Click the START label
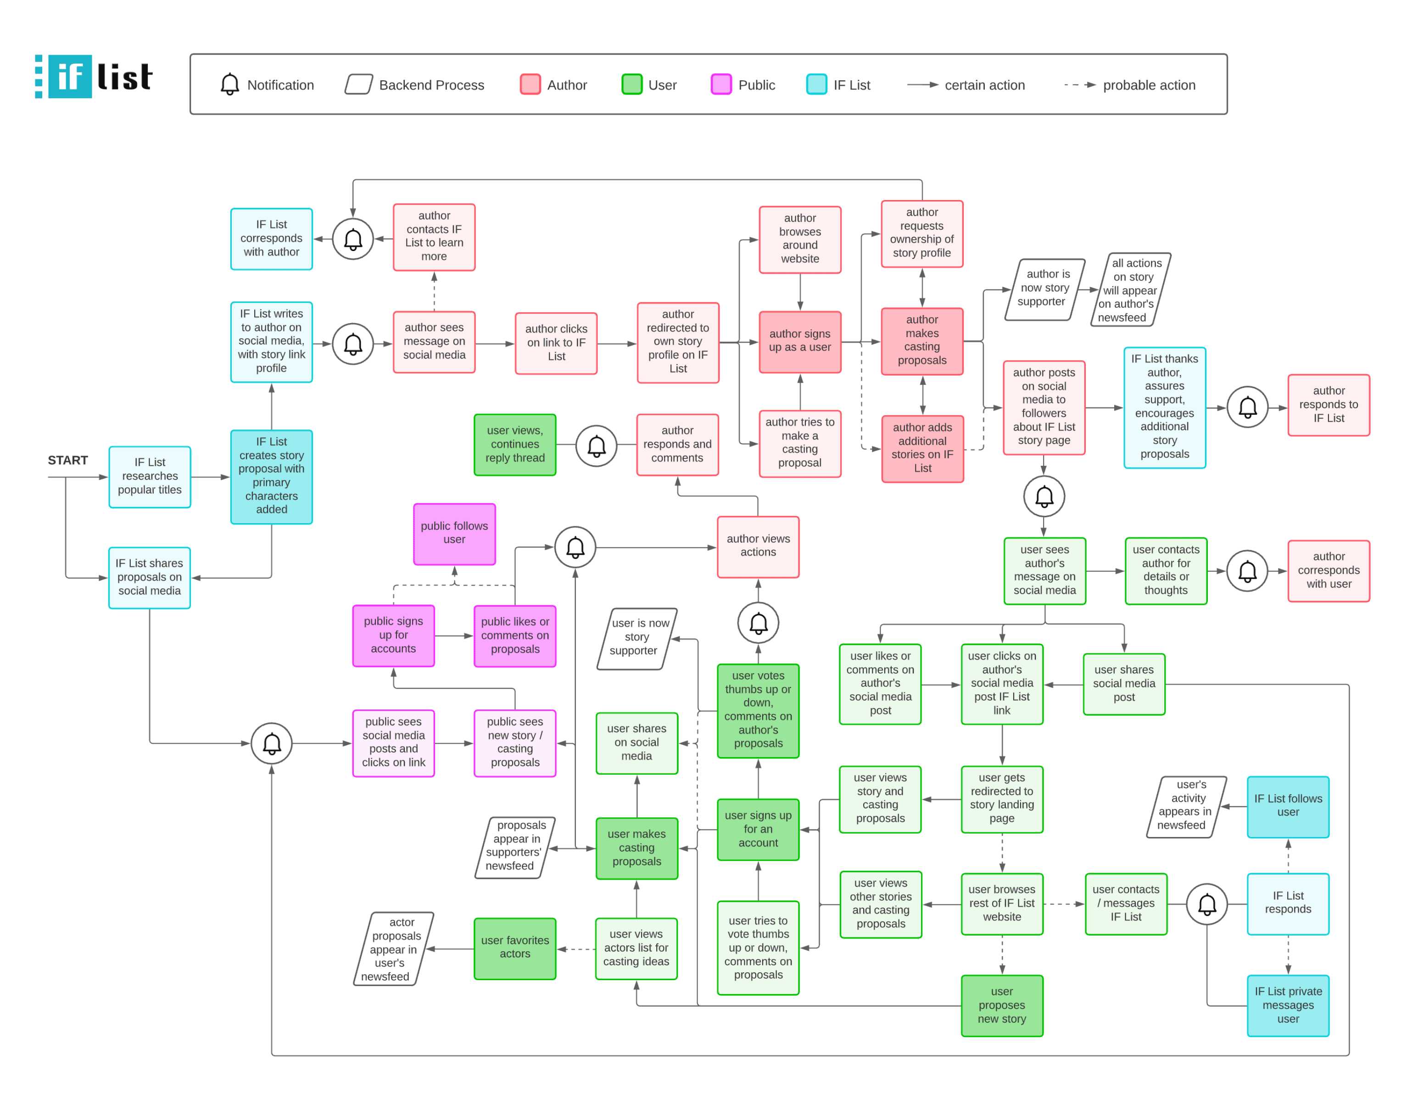pyautogui.click(x=67, y=460)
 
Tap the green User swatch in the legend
pyautogui.click(x=631, y=84)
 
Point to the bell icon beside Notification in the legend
pyautogui.click(x=229, y=84)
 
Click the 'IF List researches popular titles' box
pyautogui.click(x=150, y=476)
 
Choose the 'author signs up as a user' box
pyautogui.click(x=799, y=341)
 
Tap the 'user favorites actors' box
pyautogui.click(x=515, y=948)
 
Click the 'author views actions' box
pyautogui.click(x=758, y=546)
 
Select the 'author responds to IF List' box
pyautogui.click(x=1329, y=404)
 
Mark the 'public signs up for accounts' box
pyautogui.click(x=393, y=635)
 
